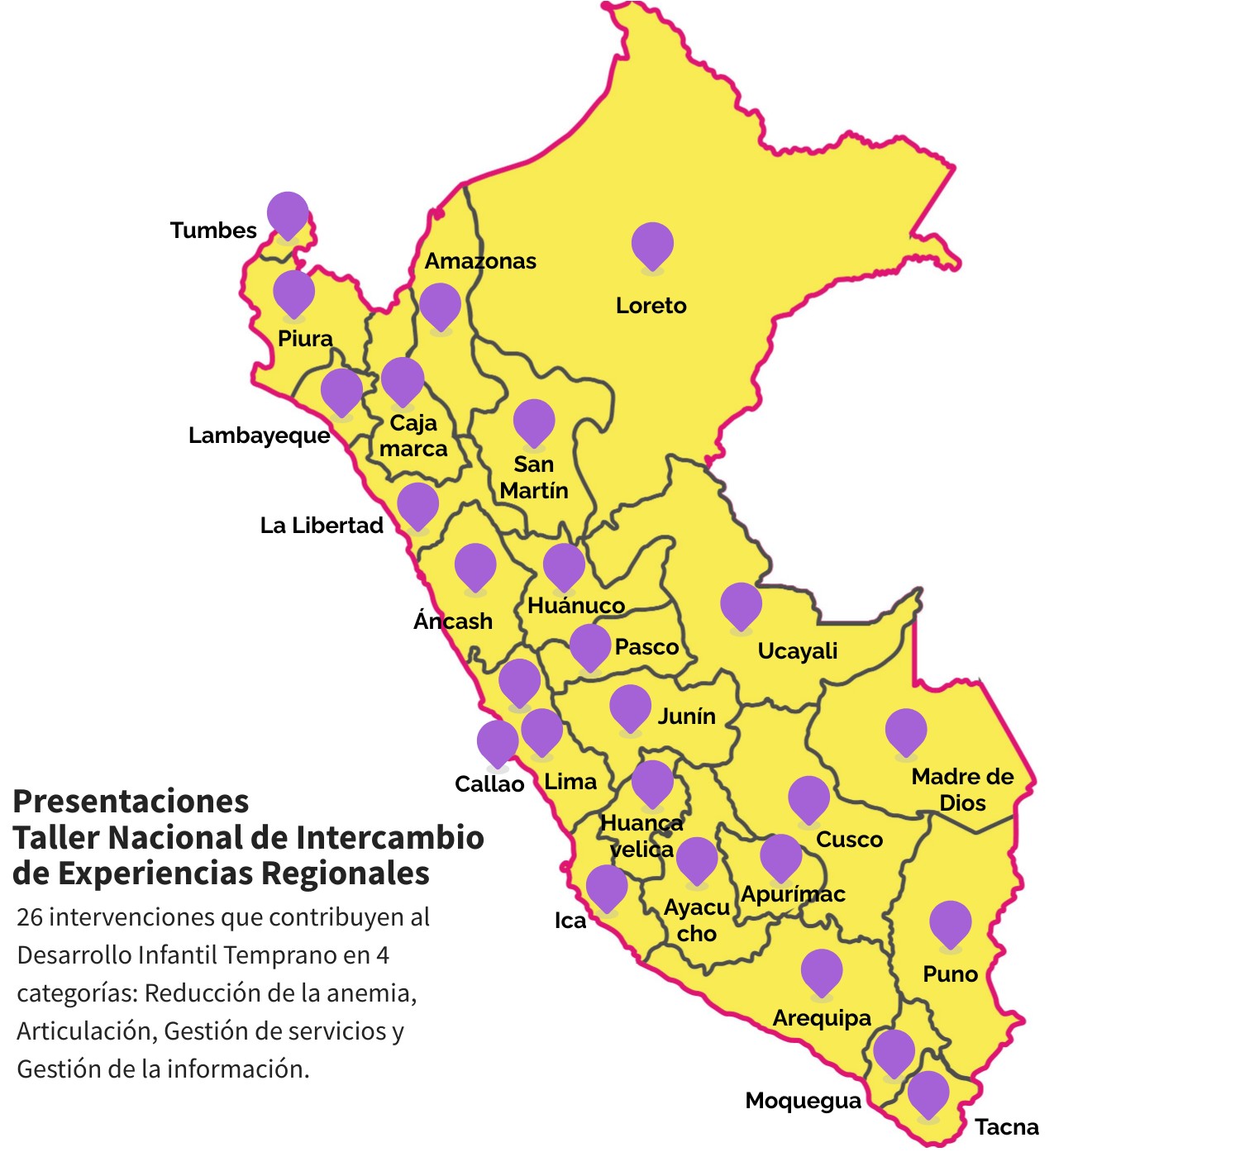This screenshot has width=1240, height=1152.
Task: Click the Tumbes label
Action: coord(213,230)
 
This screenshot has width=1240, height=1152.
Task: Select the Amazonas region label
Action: coord(480,261)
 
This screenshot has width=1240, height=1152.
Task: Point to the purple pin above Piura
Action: coord(293,292)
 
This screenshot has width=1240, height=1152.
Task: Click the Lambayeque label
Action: coord(259,436)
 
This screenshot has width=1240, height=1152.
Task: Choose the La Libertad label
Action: coord(322,526)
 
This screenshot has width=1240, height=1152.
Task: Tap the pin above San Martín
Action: coord(534,421)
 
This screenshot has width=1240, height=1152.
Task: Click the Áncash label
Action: coord(453,621)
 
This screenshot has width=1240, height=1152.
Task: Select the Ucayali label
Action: coord(797,651)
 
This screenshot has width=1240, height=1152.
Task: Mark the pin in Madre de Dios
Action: coord(905,731)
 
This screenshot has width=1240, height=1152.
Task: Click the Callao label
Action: coord(489,783)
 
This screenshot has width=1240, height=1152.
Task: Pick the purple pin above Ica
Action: coord(607,887)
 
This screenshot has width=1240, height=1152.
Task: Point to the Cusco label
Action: coord(849,840)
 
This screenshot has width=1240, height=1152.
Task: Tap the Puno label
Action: coord(950,974)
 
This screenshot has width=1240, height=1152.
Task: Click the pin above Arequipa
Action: coord(822,971)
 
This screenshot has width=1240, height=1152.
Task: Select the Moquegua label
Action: coord(803,1101)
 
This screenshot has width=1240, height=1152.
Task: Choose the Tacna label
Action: coord(1006,1127)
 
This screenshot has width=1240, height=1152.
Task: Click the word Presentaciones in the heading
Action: coord(131,802)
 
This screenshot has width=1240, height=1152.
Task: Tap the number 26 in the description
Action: coord(30,917)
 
